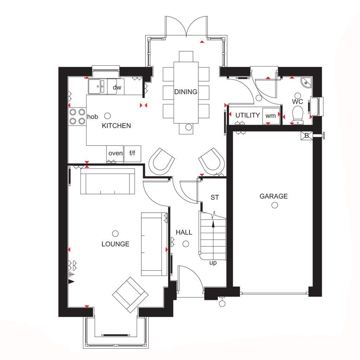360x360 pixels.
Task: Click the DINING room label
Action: (x=186, y=92)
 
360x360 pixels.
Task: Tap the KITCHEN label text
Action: (x=116, y=126)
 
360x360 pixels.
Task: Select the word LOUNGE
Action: (x=115, y=244)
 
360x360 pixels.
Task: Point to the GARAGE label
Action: (x=274, y=196)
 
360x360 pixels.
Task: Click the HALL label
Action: (x=184, y=232)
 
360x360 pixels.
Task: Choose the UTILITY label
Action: (x=247, y=115)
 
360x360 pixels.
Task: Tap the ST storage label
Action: (x=215, y=197)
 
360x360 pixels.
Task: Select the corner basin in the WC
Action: (x=307, y=82)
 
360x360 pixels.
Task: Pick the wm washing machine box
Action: (x=271, y=116)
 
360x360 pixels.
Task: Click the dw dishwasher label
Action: (x=117, y=87)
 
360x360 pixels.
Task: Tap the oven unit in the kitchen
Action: (x=115, y=154)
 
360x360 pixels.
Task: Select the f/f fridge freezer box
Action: (x=133, y=153)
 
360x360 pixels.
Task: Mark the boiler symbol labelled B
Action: (x=307, y=135)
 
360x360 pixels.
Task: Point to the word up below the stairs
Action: (x=213, y=263)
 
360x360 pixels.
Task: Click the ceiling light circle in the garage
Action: (x=275, y=205)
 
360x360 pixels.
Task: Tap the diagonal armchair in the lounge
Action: (x=130, y=295)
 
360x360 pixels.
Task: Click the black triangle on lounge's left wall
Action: (x=71, y=282)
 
